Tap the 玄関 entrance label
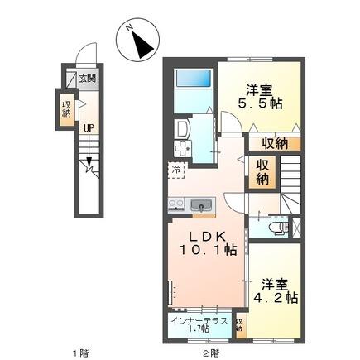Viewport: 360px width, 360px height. pyautogui.click(x=87, y=79)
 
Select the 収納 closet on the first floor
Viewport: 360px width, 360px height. pyautogui.click(x=67, y=108)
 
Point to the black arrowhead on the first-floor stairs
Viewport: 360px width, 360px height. pyautogui.click(x=88, y=170)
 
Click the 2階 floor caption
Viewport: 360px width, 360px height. pyautogui.click(x=213, y=351)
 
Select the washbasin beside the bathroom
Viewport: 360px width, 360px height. pyautogui.click(x=183, y=128)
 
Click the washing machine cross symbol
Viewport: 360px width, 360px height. pyautogui.click(x=183, y=149)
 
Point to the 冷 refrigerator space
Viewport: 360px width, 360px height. pyautogui.click(x=176, y=170)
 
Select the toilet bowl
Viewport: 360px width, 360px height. pyautogui.click(x=276, y=226)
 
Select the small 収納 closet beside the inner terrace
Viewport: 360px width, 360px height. pyautogui.click(x=239, y=324)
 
